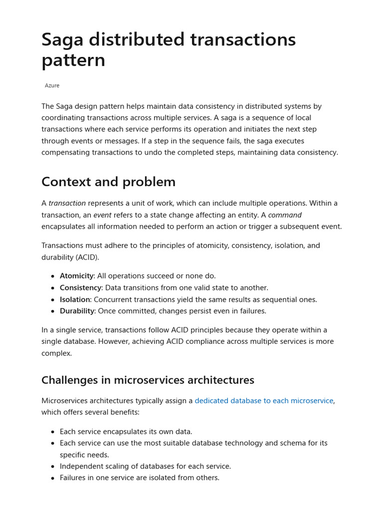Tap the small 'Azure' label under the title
click(52, 86)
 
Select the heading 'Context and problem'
click(108, 182)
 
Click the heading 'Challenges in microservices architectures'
click(148, 380)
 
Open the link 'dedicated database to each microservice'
click(264, 401)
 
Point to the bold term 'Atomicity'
click(76, 276)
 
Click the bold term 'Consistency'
click(80, 288)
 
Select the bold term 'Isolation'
click(75, 299)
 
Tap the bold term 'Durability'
click(77, 311)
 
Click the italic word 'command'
click(285, 215)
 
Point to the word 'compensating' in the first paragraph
click(64, 152)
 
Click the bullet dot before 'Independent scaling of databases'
click(53, 467)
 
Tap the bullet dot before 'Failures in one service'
click(53, 478)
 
